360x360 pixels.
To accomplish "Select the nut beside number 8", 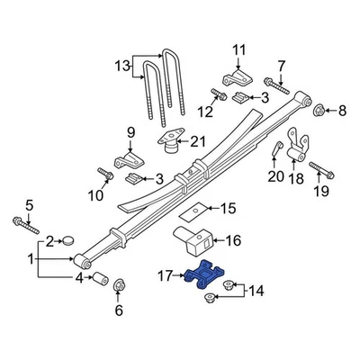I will pos(319,111).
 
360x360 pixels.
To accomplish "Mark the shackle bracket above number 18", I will pos(298,148).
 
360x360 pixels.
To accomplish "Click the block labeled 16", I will pos(191,243).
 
